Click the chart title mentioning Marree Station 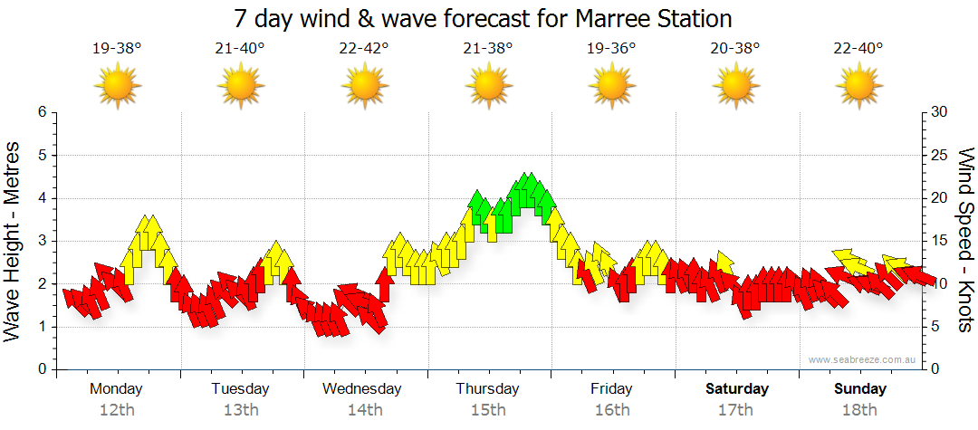click(483, 19)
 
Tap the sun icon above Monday click(118, 86)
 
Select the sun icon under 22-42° click(364, 86)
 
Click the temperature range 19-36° click(611, 49)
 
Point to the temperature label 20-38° click(734, 49)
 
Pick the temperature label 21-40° click(240, 49)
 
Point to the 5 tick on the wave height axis click(42, 155)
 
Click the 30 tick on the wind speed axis click(940, 112)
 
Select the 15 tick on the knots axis click(940, 241)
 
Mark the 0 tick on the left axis click(42, 369)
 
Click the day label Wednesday click(362, 389)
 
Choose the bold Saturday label click(737, 389)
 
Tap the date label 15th click(488, 410)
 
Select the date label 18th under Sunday click(859, 410)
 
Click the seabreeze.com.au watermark click(863, 359)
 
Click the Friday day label click(611, 389)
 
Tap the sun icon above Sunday click(858, 86)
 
